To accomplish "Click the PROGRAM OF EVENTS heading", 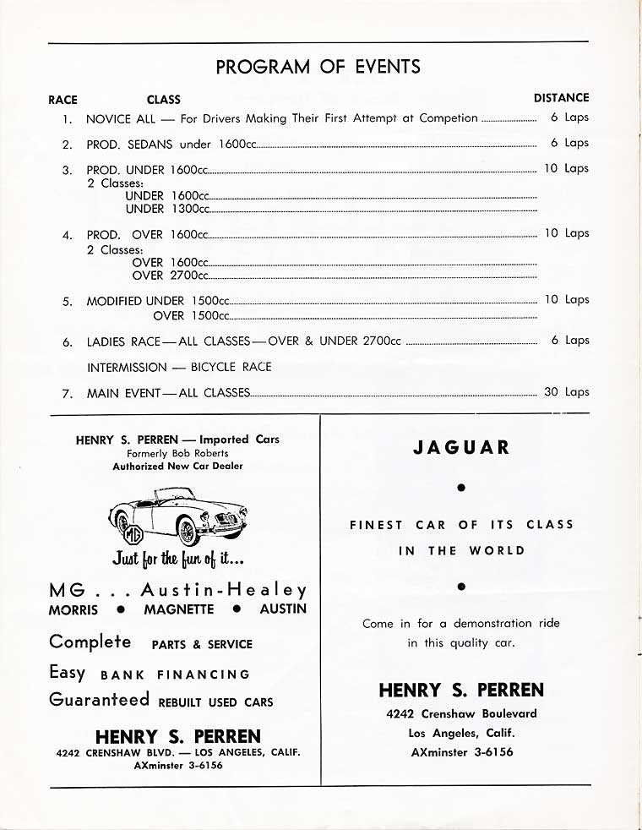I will click(318, 67).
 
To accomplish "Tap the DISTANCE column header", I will click(561, 98).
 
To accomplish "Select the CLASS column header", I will click(163, 99).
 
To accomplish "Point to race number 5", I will click(67, 301).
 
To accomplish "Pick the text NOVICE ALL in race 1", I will click(121, 119).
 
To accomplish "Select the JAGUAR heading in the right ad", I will click(461, 447).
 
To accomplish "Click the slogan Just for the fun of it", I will click(177, 559).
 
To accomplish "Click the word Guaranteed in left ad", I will click(99, 700).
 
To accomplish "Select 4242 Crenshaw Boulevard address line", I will click(461, 713).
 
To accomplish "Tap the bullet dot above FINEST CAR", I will click(461, 488).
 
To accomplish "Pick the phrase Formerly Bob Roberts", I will click(177, 453).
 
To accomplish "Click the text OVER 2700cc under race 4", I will click(170, 275).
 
